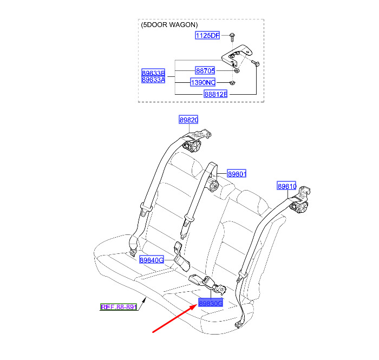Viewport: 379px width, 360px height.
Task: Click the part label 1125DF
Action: [x=207, y=36]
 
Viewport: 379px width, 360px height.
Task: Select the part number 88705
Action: [x=205, y=71]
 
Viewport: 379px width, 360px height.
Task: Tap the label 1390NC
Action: [x=203, y=82]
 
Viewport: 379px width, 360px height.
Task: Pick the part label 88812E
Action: [x=215, y=94]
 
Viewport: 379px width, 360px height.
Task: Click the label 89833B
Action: [x=153, y=73]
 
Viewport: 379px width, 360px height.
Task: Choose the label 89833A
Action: [x=153, y=80]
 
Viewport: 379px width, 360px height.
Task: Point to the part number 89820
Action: [x=188, y=120]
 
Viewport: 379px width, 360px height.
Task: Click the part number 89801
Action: [x=237, y=174]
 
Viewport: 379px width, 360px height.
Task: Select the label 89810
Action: [x=286, y=186]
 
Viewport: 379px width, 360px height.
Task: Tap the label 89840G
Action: [x=152, y=260]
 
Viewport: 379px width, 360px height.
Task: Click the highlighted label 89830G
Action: [x=211, y=303]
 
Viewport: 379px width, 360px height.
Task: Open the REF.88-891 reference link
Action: [x=119, y=307]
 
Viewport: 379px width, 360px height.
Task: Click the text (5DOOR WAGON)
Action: [x=169, y=25]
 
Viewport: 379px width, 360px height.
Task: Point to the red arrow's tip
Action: [x=198, y=305]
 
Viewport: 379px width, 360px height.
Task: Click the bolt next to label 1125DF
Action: [x=232, y=37]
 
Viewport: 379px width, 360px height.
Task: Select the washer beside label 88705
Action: [x=237, y=70]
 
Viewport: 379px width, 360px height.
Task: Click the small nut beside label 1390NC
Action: [x=232, y=83]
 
